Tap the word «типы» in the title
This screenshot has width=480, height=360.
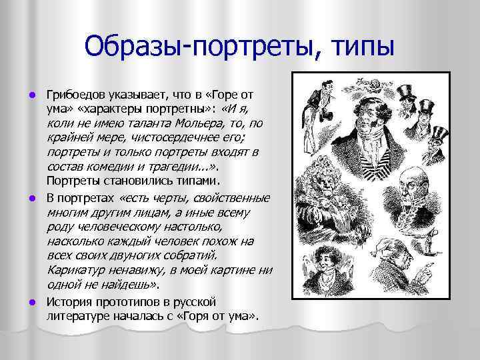pos(361,47)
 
